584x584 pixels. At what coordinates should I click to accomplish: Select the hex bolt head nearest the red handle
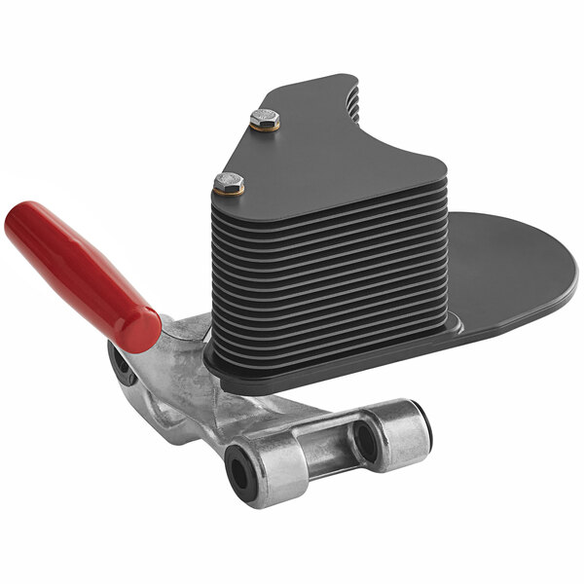229,182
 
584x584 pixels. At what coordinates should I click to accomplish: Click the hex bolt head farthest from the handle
264,119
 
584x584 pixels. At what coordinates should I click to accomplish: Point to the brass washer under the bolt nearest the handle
230,191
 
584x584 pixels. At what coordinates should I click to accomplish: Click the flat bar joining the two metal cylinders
321,448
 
